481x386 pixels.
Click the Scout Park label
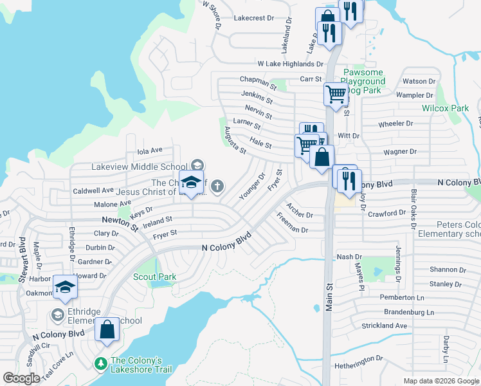[154, 277]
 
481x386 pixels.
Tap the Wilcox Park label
[445, 108]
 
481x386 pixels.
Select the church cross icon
[218, 187]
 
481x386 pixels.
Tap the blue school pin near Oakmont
[64, 288]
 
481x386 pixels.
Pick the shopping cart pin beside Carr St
[335, 94]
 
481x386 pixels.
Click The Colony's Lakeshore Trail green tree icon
[100, 364]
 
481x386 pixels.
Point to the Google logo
[21, 378]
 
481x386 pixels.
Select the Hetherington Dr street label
[354, 358]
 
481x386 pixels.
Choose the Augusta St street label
[235, 140]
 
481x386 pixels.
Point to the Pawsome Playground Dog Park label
[364, 82]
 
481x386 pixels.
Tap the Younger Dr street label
[252, 186]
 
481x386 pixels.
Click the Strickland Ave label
[385, 326]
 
